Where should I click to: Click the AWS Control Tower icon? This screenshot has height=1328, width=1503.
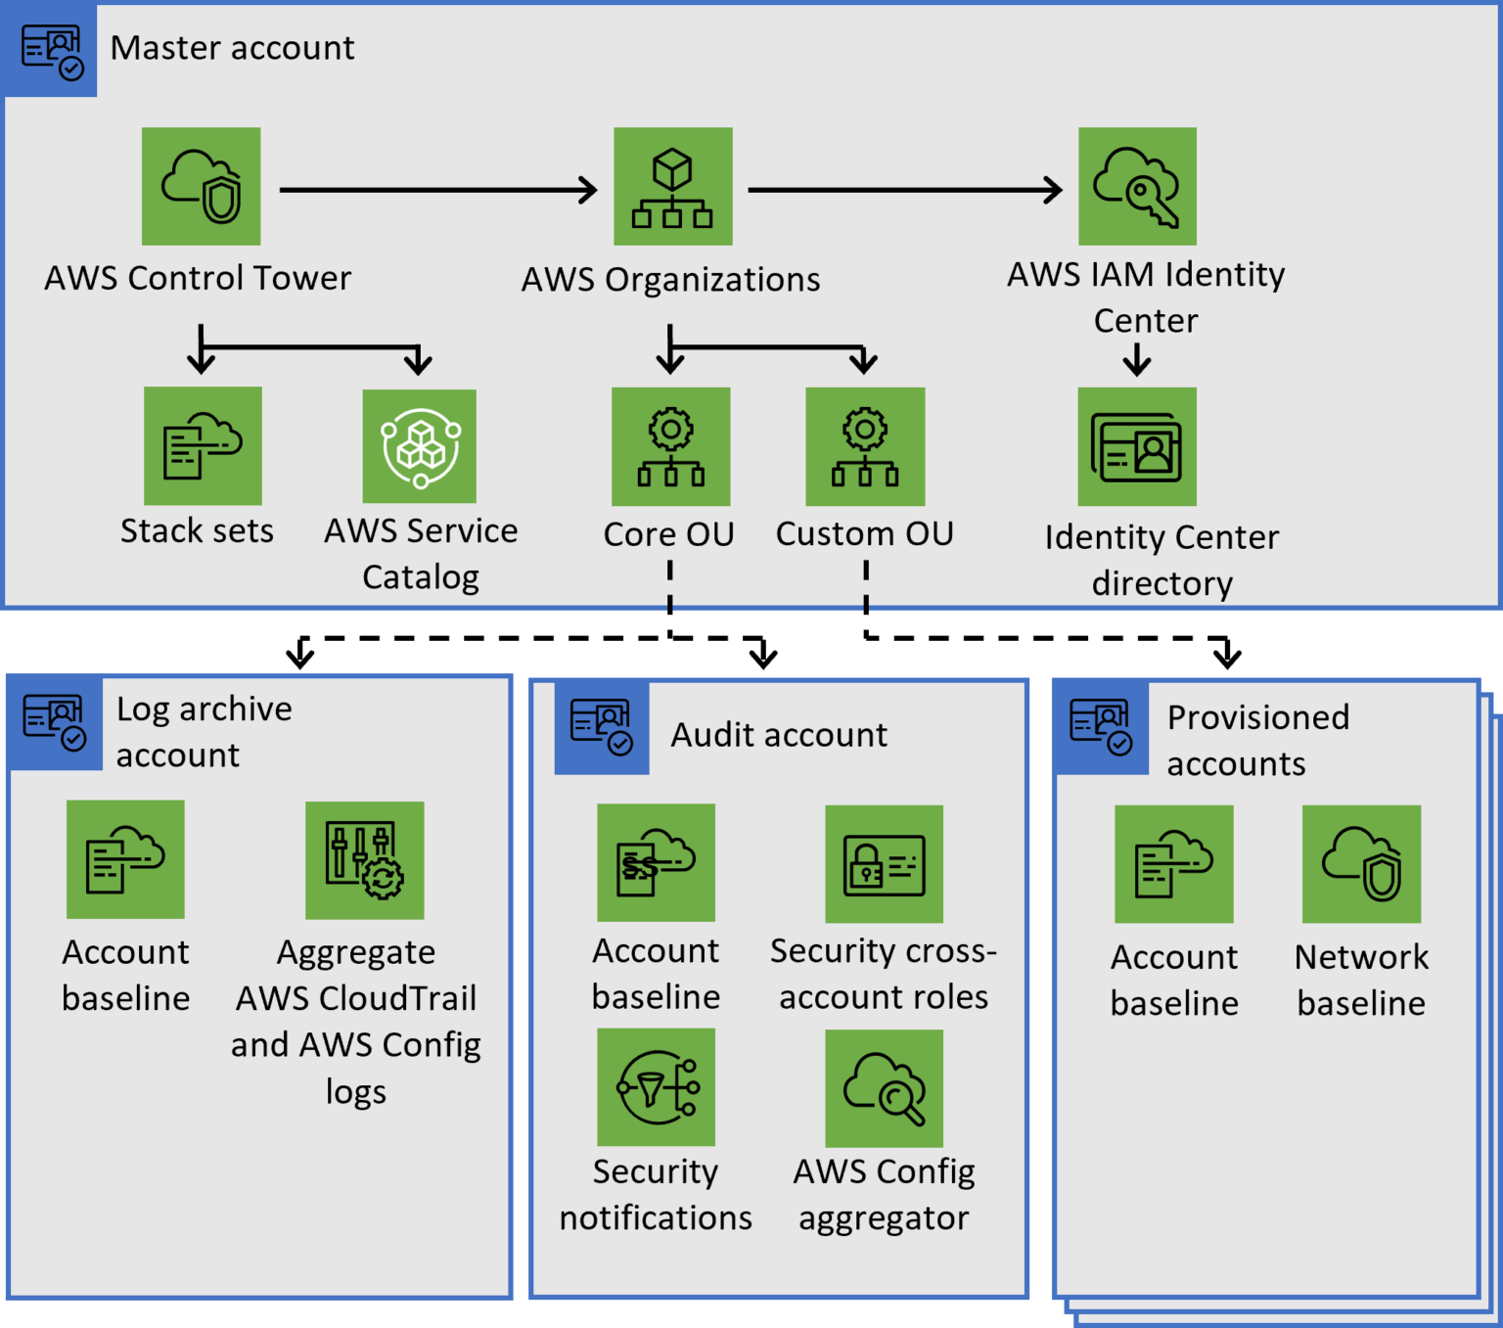201,186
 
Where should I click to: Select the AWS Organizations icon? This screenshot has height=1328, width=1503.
672,186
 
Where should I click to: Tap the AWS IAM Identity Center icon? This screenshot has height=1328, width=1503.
1137,186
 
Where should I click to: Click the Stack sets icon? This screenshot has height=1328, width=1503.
203,445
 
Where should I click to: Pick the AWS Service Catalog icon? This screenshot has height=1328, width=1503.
420,446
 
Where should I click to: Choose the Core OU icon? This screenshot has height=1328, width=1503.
670,446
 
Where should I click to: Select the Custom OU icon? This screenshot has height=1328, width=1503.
865,446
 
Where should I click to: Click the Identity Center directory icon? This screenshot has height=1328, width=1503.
1137,446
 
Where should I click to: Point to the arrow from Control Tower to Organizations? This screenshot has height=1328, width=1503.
437,190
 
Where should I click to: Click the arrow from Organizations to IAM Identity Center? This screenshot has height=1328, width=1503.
904,190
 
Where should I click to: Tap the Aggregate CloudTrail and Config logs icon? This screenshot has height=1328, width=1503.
364,860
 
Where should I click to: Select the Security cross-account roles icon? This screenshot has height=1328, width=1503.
884,864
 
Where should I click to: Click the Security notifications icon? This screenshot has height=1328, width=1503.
656,1086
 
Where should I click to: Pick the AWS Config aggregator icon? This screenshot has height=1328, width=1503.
884,1088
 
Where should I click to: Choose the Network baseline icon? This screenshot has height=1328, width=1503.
1361,864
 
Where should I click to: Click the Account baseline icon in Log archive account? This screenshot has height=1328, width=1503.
125,859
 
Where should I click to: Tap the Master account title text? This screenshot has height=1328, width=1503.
232,48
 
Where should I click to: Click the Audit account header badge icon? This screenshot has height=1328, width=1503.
601,727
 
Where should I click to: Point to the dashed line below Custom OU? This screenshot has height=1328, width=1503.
866,584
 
